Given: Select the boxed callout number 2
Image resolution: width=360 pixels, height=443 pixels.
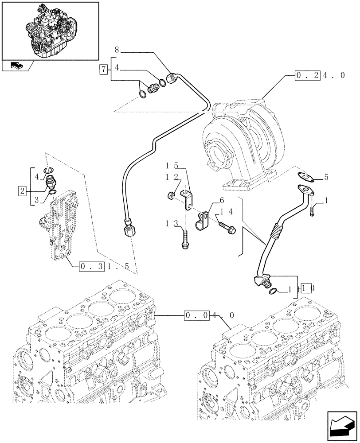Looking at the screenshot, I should [x=22, y=191].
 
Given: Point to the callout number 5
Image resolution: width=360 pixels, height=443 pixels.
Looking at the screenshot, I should [x=326, y=177].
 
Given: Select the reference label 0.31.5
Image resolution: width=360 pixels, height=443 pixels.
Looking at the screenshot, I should [x=104, y=267].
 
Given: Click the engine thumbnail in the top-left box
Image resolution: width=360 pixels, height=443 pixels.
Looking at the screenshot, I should [x=50, y=29].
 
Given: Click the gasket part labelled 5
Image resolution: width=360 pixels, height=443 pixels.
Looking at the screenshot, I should [x=305, y=176].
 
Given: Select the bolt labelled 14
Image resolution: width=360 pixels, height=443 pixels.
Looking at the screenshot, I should [x=227, y=227].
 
